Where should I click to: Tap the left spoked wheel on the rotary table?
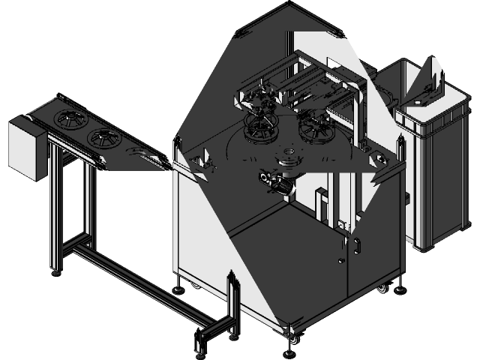click(x=260, y=129)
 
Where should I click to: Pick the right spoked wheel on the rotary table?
click(x=316, y=129)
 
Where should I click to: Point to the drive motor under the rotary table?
click(x=274, y=182)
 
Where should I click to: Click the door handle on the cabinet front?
click(x=356, y=246)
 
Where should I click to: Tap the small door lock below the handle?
click(x=341, y=261)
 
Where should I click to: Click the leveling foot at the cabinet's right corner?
click(x=399, y=287)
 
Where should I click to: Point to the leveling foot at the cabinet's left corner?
click(x=178, y=286)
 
